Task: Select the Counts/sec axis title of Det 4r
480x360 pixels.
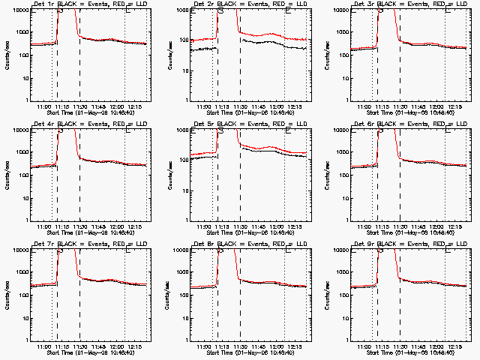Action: click(x=7, y=175)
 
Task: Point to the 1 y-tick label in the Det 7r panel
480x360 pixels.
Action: click(x=25, y=340)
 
